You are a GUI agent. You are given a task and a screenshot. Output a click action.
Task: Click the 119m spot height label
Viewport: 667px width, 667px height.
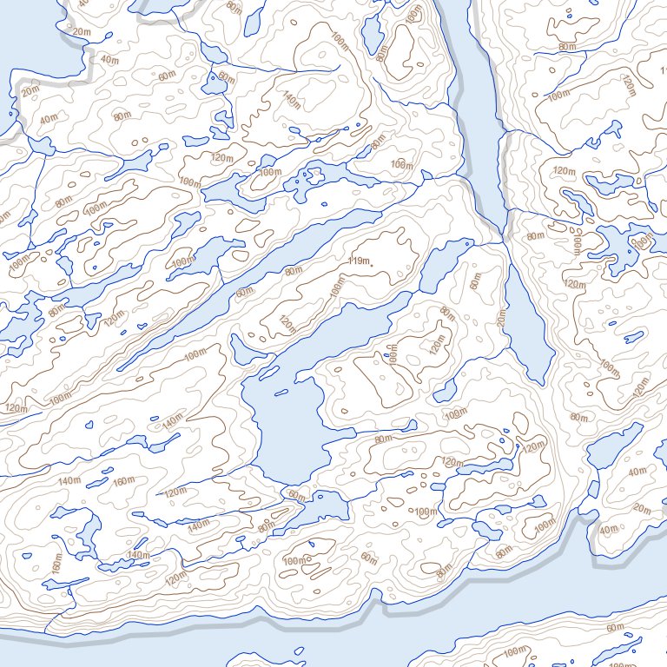coord(359,261)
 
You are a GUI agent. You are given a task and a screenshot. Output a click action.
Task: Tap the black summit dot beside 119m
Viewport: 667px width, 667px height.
coord(372,264)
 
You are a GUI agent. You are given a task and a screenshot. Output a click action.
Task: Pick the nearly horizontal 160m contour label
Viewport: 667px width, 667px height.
coord(124,481)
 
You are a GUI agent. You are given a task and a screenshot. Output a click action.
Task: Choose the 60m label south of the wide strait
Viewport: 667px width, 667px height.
coord(615,627)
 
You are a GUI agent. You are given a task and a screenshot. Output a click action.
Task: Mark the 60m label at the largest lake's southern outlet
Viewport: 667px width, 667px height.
coord(296,495)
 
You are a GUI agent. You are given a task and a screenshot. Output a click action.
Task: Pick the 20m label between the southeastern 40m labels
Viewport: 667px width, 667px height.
coord(642,508)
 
